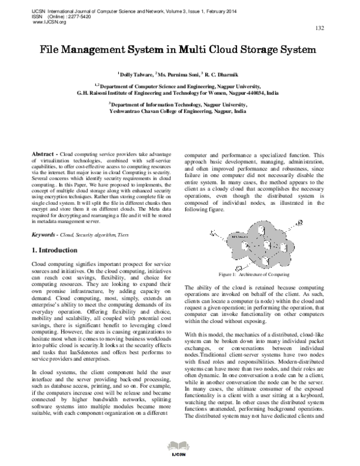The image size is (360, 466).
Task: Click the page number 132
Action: [320, 28]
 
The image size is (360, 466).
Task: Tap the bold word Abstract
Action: [43, 155]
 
